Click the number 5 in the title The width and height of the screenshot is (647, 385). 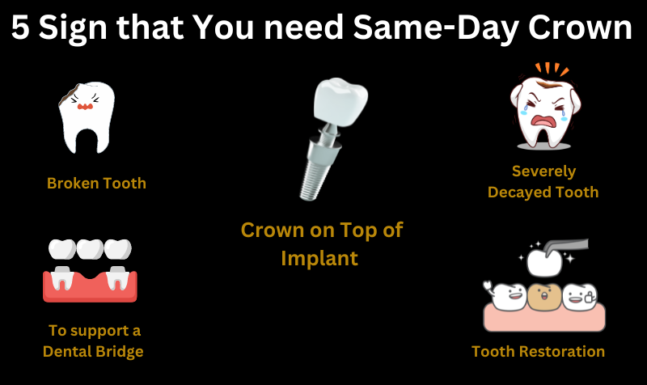pos(22,30)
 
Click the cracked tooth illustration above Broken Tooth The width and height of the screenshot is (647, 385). pos(86,118)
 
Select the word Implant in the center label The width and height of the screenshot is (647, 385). pos(319,258)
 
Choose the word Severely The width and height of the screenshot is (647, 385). pos(543,171)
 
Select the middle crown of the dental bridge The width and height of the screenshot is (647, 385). pos(90,249)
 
